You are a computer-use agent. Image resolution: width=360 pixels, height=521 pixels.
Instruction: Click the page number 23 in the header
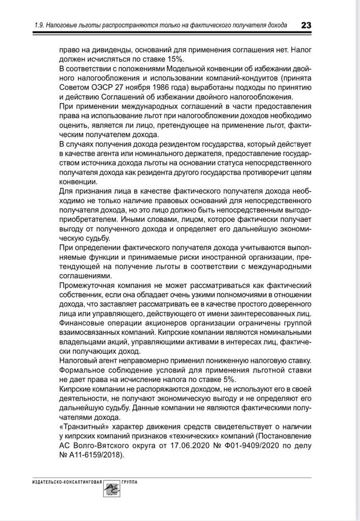tap(306, 25)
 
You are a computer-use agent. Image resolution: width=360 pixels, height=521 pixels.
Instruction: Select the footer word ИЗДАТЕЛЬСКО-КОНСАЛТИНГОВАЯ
tap(64, 481)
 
